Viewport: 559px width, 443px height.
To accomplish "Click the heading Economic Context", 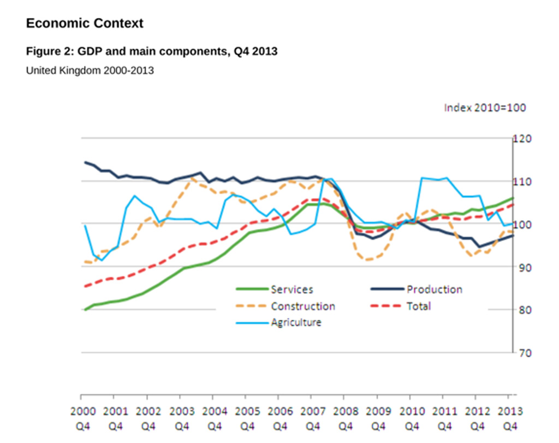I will tap(85, 23).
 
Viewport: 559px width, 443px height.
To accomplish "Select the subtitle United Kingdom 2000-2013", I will tap(90, 71).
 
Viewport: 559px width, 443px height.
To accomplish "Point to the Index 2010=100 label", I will tap(485, 108).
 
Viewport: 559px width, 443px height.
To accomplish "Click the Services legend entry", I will tap(292, 290).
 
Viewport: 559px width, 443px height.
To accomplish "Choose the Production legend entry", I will tap(434, 290).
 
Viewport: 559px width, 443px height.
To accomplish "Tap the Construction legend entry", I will tap(302, 306).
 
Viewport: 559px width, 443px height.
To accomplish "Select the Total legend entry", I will tap(418, 306).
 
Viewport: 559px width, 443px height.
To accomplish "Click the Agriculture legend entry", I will tap(296, 322).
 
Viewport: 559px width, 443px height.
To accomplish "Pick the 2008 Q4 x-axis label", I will tap(347, 418).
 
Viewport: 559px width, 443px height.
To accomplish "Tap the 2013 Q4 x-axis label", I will tap(511, 418).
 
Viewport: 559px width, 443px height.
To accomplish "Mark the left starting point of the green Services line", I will tap(85, 310).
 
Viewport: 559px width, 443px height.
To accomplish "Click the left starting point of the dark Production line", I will tap(85, 162).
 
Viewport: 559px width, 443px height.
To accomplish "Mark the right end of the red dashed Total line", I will tap(513, 205).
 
